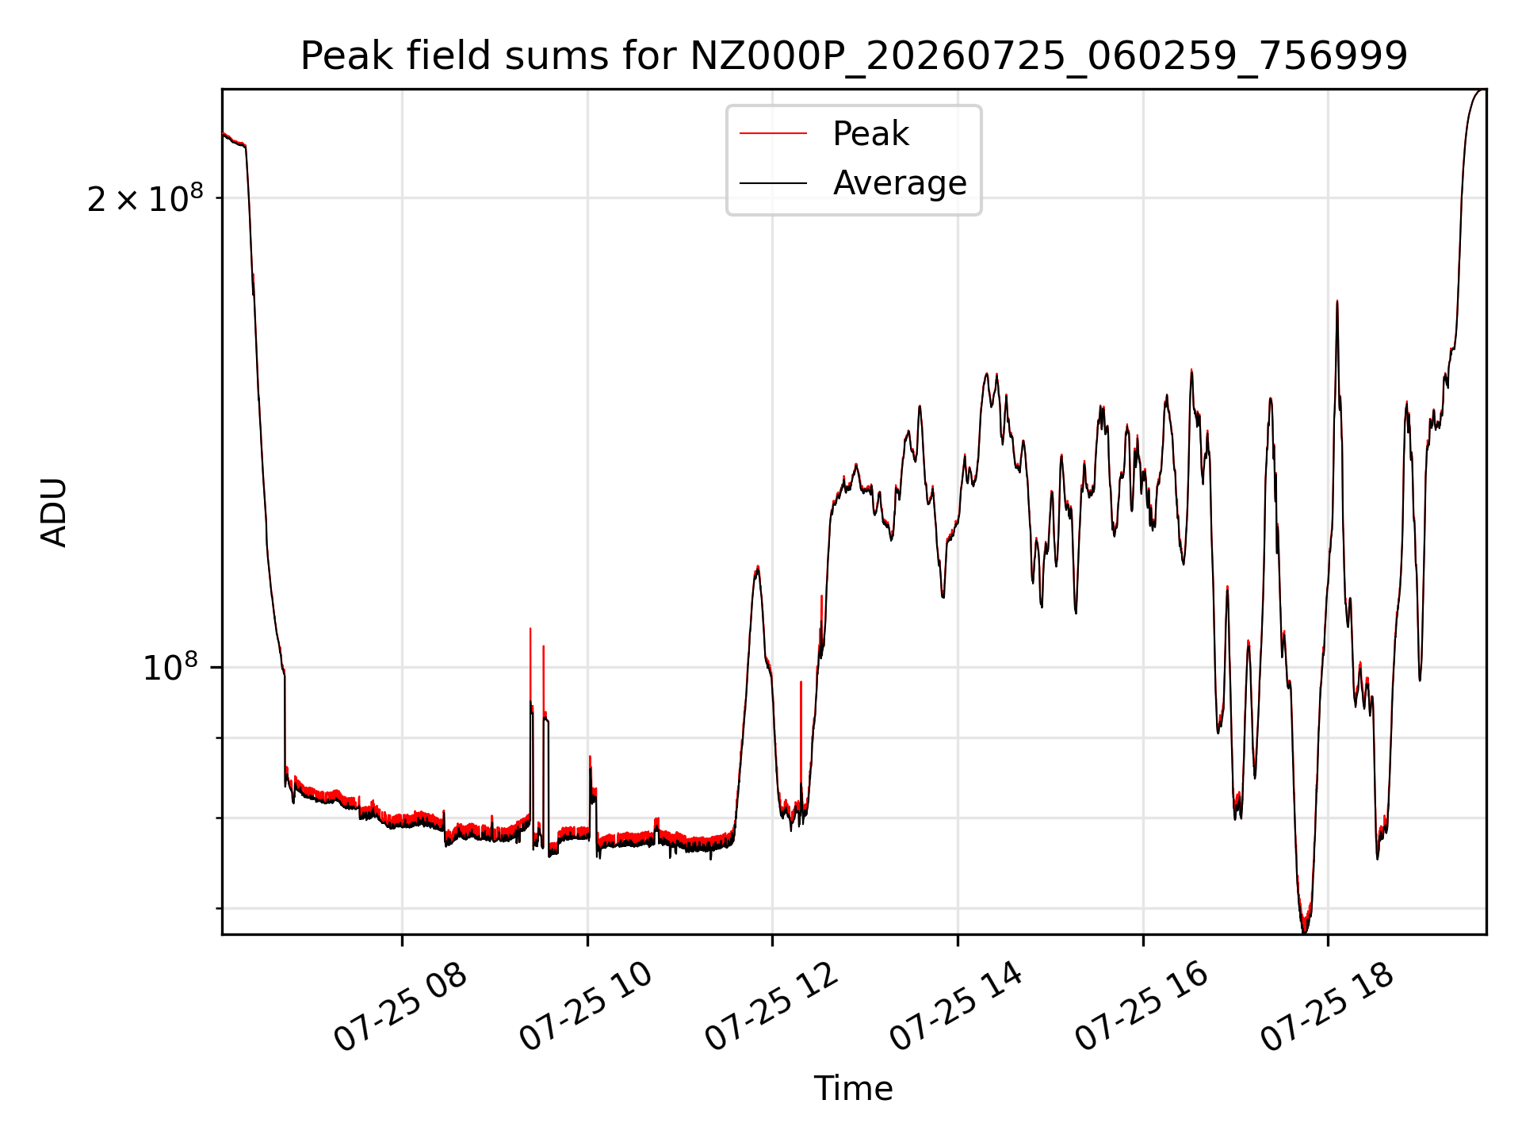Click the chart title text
(854, 56)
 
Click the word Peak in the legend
(870, 134)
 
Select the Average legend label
(900, 183)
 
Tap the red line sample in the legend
(773, 134)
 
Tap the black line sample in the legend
(773, 183)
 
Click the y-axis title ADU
(54, 512)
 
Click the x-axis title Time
(854, 1089)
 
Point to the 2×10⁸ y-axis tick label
(145, 198)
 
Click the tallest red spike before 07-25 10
(530, 629)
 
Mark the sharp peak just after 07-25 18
(1337, 301)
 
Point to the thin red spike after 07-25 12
(801, 682)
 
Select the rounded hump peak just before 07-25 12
(758, 567)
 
